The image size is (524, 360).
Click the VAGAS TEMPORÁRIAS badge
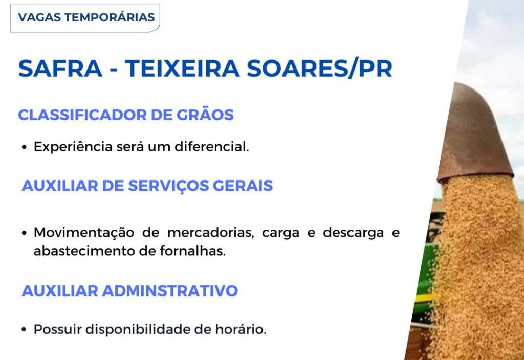pyautogui.click(x=85, y=18)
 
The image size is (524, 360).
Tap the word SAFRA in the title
pyautogui.click(x=60, y=69)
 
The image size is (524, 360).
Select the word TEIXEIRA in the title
pyautogui.click(x=183, y=69)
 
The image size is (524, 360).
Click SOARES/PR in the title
pyautogui.click(x=319, y=69)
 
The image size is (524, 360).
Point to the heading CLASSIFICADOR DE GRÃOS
pyautogui.click(x=126, y=115)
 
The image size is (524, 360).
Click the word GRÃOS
pyautogui.click(x=205, y=115)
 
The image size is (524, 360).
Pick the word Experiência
pyautogui.click(x=73, y=147)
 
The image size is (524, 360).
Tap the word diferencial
pyautogui.click(x=212, y=147)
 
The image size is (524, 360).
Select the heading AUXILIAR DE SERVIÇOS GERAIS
pyautogui.click(x=147, y=186)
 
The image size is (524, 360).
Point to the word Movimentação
pyautogui.click(x=84, y=233)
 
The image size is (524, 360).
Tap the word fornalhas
pyautogui.click(x=193, y=251)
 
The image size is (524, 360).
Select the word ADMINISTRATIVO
pyautogui.click(x=170, y=290)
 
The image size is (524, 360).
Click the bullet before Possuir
pyautogui.click(x=24, y=330)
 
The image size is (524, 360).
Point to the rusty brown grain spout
pyautogui.click(x=474, y=133)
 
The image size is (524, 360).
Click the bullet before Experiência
pyautogui.click(x=24, y=147)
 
